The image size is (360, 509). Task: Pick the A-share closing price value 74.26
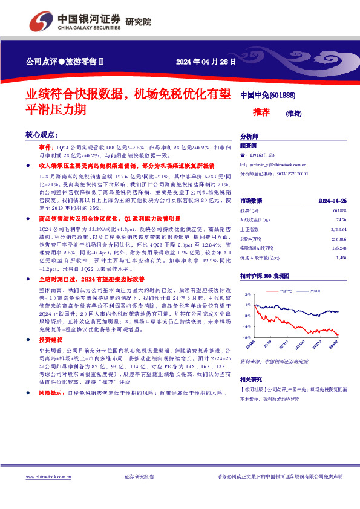(342, 218)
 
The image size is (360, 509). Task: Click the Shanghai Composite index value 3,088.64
(338, 230)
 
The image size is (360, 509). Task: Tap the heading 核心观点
(42, 134)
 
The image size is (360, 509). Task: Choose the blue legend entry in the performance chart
(313, 291)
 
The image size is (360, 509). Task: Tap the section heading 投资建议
(50, 340)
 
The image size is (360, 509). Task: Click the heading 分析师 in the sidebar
(249, 137)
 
